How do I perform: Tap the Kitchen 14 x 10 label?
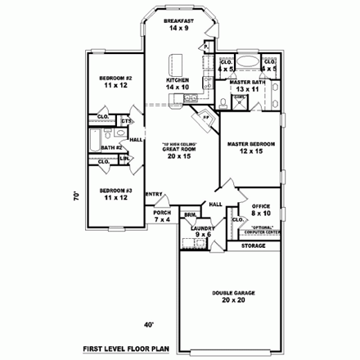(x=178, y=83)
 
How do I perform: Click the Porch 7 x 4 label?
(x=161, y=216)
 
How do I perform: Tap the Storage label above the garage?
(x=254, y=244)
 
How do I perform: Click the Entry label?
(x=153, y=194)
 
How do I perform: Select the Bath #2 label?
(x=112, y=147)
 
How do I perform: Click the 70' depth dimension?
(x=74, y=196)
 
